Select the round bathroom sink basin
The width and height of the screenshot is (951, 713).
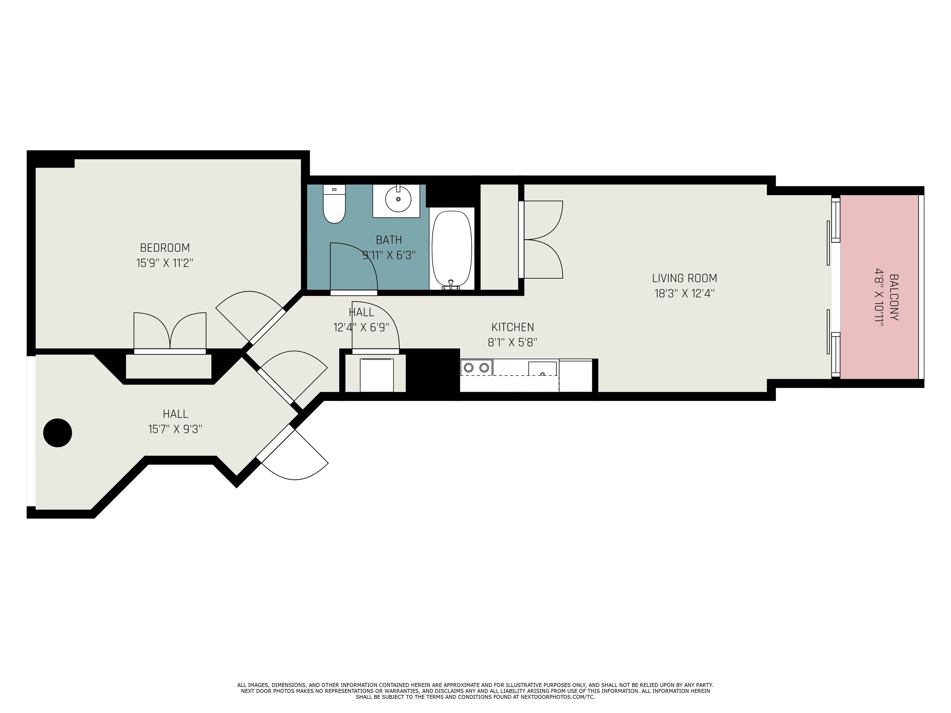point(398,199)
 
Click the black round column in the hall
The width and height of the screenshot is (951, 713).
point(58,433)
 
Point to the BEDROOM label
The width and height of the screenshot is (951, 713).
point(165,248)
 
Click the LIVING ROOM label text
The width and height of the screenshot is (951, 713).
point(684,279)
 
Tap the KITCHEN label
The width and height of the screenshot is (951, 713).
point(512,327)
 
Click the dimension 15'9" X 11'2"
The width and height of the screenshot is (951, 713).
point(165,263)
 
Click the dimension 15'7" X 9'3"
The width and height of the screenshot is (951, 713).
point(176,429)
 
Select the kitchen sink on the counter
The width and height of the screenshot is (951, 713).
point(542,369)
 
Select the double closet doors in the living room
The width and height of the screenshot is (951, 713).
point(543,240)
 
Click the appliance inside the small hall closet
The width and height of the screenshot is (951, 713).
point(377,375)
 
